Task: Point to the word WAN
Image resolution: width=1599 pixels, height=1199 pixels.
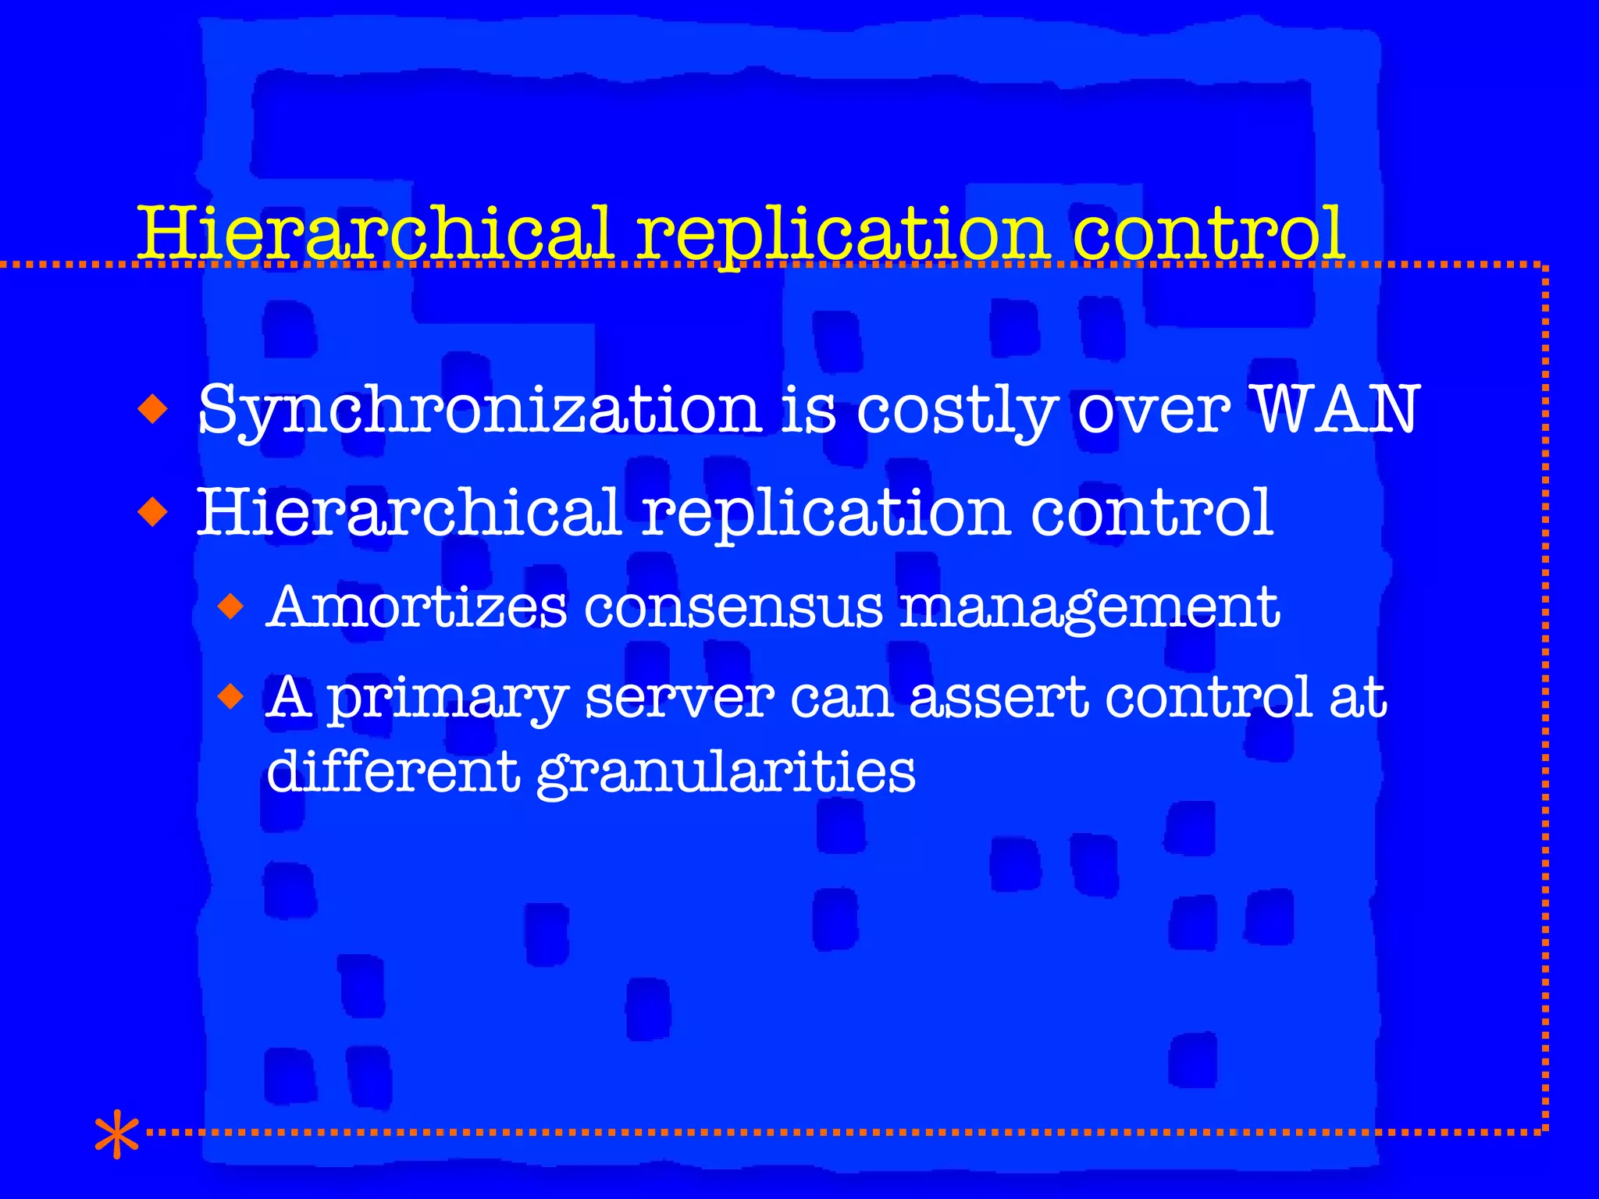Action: click(1336, 409)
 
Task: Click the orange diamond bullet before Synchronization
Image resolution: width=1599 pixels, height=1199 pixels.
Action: click(152, 408)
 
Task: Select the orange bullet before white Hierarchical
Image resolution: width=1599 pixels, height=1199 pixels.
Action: click(152, 513)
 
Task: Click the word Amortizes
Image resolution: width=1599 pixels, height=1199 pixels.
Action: click(417, 607)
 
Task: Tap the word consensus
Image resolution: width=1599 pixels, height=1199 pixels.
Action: click(733, 608)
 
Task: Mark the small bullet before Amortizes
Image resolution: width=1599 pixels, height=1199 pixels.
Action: click(231, 606)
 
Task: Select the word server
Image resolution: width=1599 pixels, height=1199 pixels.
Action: click(679, 697)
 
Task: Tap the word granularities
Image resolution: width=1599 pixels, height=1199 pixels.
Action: click(726, 773)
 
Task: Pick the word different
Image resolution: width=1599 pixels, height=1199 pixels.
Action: click(393, 770)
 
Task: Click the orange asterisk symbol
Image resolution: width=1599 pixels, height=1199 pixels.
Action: click(116, 1133)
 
